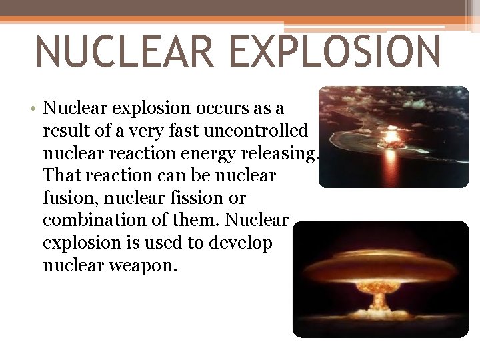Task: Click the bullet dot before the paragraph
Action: (x=33, y=108)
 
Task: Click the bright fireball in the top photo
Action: (x=391, y=139)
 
